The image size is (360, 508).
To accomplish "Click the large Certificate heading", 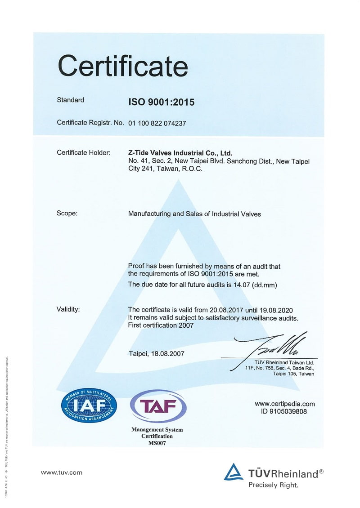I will pos(122,66).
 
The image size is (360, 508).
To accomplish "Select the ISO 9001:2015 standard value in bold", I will pos(162,102).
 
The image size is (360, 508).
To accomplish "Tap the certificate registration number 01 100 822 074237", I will pos(157,123).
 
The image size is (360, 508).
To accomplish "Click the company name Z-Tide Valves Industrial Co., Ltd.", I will pos(180,153).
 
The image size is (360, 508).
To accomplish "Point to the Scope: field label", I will pos(67,214).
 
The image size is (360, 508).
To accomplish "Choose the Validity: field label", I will pos(68,309).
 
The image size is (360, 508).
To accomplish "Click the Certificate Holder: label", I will pos(84,153).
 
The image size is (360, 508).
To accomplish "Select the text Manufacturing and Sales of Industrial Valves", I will pos(194,214).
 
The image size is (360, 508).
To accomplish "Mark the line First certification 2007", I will pos(161,325).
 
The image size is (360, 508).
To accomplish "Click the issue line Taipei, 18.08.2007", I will pos(156,353).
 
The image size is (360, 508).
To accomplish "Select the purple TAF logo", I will pos(157,406).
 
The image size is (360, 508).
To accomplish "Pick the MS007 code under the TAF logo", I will pos(157,443).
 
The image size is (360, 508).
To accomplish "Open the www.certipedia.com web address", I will pos(285,403).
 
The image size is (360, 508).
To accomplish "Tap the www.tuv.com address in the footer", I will pos(62,472).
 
